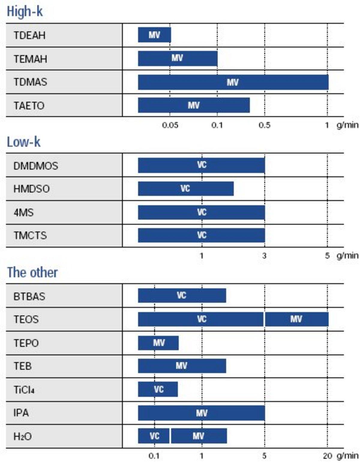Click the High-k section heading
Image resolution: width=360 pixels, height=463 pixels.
click(x=25, y=12)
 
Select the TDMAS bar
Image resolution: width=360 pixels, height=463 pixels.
click(x=233, y=82)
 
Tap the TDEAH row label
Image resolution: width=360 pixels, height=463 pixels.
click(x=29, y=35)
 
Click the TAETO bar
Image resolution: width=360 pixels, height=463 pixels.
click(x=193, y=105)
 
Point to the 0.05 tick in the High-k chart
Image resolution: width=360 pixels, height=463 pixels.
click(x=170, y=125)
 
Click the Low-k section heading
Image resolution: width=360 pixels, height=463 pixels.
click(x=23, y=142)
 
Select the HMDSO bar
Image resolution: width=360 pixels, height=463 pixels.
click(x=185, y=189)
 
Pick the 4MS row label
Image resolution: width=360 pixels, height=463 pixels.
click(x=23, y=213)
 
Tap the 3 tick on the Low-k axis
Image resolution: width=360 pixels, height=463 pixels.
click(x=264, y=256)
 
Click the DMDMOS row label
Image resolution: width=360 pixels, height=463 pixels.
click(x=36, y=166)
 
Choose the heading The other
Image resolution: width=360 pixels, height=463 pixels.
click(x=32, y=272)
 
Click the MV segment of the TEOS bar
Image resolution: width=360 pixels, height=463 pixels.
click(x=296, y=319)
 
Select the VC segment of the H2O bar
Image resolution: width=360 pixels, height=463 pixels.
click(x=154, y=436)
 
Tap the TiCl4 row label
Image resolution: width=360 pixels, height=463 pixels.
click(x=24, y=390)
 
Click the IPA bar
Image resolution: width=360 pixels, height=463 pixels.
click(x=201, y=413)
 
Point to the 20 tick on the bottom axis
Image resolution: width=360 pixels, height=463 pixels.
click(x=327, y=456)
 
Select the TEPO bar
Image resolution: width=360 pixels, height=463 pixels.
click(x=158, y=343)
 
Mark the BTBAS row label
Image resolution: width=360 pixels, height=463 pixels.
click(x=29, y=296)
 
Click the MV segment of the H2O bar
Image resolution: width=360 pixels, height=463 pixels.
click(x=199, y=436)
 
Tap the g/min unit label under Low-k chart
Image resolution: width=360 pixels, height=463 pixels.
click(x=347, y=256)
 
